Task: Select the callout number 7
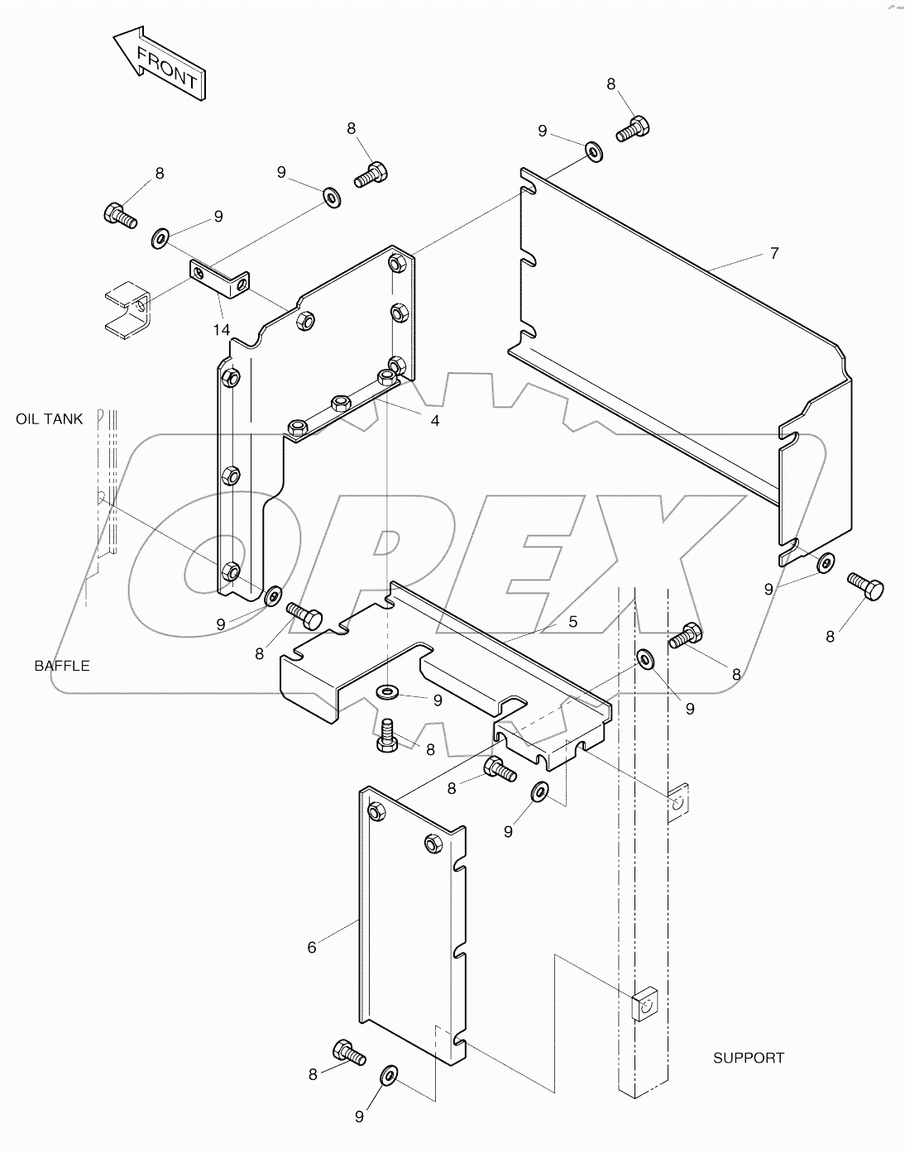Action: pyautogui.click(x=774, y=253)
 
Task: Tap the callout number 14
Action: pyautogui.click(x=220, y=329)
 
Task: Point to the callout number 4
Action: pyautogui.click(x=434, y=420)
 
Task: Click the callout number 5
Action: pyautogui.click(x=572, y=620)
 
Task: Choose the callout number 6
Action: pyautogui.click(x=312, y=947)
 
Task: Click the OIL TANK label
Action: pyautogui.click(x=50, y=419)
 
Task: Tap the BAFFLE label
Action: pyautogui.click(x=62, y=666)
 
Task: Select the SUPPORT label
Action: pyautogui.click(x=748, y=1058)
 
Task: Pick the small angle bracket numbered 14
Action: pyautogui.click(x=219, y=277)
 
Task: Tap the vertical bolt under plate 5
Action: pyautogui.click(x=386, y=734)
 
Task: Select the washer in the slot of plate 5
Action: pyautogui.click(x=386, y=691)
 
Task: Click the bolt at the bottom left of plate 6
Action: pyautogui.click(x=348, y=1053)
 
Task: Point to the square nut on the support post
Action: pyautogui.click(x=644, y=1004)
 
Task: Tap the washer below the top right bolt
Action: pyautogui.click(x=593, y=151)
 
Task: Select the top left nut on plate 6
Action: pyautogui.click(x=375, y=811)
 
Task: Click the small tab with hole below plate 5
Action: pyautogui.click(x=679, y=801)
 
